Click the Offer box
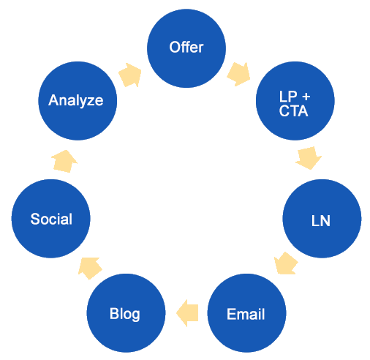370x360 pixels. pos(186,48)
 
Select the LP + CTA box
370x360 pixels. pos(295,101)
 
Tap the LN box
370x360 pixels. pos(321,219)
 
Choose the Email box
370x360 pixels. pos(246,313)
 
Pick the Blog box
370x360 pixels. pos(125,313)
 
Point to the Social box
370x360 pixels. pos(50,219)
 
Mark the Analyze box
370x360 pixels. pos(77,100)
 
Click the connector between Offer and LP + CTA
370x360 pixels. pos(238,74)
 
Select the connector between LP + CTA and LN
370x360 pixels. pos(309,158)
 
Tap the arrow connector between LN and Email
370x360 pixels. pos(286,263)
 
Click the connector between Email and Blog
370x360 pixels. pos(187,313)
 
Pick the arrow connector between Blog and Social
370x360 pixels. pos(90,269)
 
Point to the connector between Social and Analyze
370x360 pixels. pos(64,161)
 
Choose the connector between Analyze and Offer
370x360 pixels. pos(129,75)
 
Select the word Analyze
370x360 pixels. pos(76,100)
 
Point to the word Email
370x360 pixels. pos(246,315)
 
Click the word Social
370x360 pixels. pos(51,219)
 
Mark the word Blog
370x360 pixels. pos(125,314)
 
